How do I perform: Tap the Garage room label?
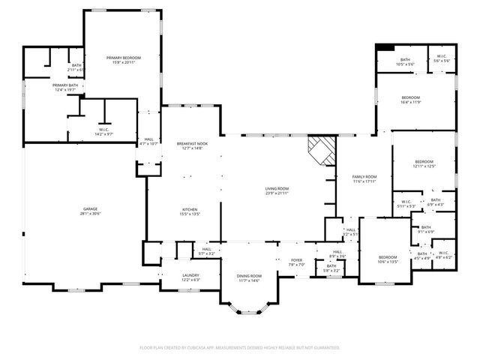click(x=90, y=208)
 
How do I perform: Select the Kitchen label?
click(x=190, y=208)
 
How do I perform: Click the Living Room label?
click(x=277, y=188)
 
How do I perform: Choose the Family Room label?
click(x=364, y=177)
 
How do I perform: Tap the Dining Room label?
click(x=249, y=277)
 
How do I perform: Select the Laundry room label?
click(x=190, y=275)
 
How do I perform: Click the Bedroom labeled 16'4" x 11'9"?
click(x=410, y=97)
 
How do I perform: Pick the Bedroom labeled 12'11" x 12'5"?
click(x=424, y=161)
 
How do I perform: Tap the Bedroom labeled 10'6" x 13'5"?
click(x=387, y=257)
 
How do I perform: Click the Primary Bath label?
click(x=65, y=85)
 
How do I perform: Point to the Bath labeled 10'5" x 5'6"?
click(x=405, y=60)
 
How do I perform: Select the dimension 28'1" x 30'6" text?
click(x=90, y=214)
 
